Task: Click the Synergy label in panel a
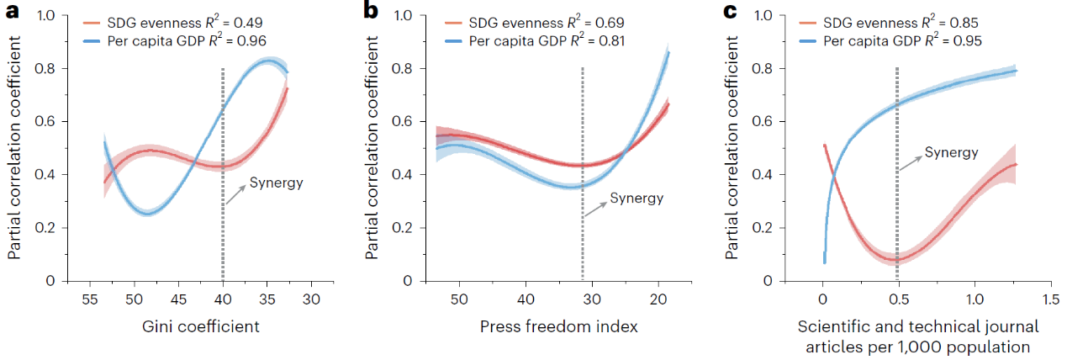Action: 276,183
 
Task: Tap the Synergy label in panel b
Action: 637,199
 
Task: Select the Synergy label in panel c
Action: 951,152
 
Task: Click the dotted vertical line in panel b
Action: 583,168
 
